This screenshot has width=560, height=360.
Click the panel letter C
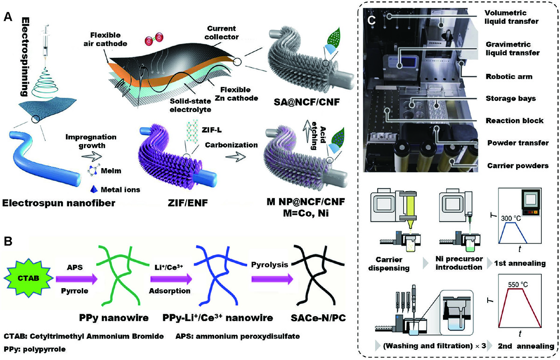click(x=371, y=20)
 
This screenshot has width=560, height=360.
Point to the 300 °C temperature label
click(x=513, y=218)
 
